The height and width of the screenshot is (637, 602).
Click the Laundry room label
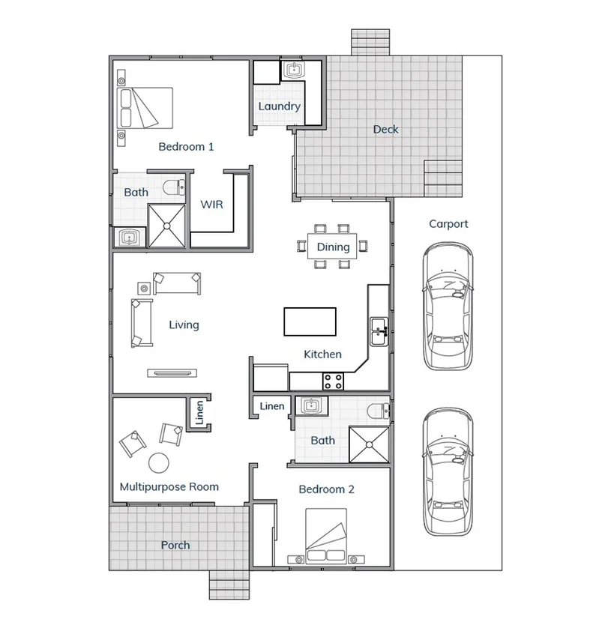279,106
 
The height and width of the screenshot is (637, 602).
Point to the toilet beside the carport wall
379,411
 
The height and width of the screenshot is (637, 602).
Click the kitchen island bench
310,321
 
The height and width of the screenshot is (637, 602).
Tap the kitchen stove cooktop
333,381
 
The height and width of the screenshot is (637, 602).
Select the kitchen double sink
379,330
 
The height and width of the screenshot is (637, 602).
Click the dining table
333,247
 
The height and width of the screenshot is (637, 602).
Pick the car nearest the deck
448,307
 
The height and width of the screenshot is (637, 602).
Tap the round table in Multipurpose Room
158,462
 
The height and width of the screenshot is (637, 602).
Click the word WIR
211,204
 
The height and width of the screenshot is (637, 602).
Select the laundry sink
292,71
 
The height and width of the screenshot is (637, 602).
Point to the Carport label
448,223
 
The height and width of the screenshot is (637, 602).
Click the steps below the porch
229,585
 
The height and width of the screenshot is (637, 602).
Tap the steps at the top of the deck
370,43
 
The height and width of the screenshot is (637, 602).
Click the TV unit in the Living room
172,371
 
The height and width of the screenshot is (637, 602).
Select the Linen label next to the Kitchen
271,406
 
